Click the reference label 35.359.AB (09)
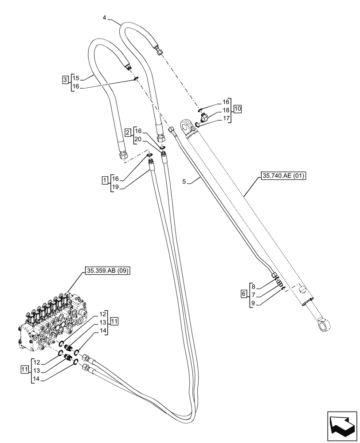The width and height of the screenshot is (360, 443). pos(106,271)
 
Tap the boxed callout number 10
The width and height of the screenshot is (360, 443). pos(238,109)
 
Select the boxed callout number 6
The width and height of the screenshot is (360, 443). pos(243,294)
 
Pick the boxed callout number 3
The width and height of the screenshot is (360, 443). pos(65,80)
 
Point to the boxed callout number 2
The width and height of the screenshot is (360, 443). pos(128,132)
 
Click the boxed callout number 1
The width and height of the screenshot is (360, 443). pos(105,180)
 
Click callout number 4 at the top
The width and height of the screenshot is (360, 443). pos(104,18)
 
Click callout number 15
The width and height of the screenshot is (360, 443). pos(76,78)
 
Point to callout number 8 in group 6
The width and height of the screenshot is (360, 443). pos(252,286)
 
